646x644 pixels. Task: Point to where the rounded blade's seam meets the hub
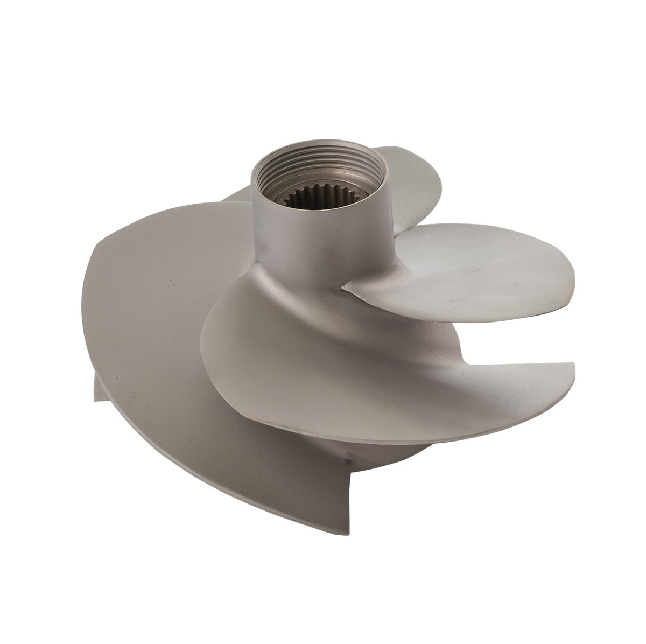345,289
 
